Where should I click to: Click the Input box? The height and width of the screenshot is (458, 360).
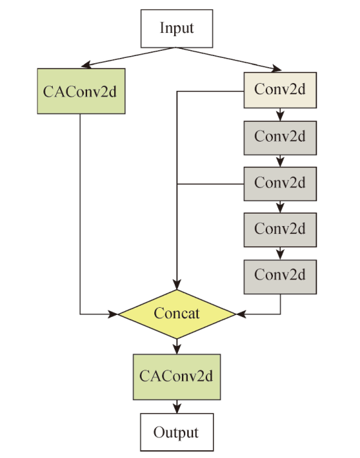pos(177,28)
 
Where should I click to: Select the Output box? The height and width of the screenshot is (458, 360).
pos(177,432)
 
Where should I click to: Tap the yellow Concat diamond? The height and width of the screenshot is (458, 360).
pos(177,314)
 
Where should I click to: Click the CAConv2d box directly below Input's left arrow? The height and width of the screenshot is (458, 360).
pos(81,91)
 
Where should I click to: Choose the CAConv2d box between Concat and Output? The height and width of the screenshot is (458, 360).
pos(177,377)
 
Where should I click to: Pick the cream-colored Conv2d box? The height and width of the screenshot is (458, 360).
pos(280,90)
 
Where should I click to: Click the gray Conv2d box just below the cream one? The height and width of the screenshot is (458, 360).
pos(280,138)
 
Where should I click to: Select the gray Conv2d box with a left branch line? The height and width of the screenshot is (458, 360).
pos(280,184)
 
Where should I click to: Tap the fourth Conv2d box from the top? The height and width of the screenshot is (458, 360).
pos(280,230)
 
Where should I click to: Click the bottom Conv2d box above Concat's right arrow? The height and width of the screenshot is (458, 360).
pos(280,277)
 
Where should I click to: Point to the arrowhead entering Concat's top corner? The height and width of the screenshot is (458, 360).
pos(177,285)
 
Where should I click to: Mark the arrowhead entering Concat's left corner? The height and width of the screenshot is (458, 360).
pos(113,314)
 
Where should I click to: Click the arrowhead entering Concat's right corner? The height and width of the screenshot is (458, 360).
pos(241,314)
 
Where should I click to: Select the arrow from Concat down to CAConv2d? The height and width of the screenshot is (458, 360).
pos(177,347)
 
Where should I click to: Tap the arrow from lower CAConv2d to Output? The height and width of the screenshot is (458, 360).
pos(177,407)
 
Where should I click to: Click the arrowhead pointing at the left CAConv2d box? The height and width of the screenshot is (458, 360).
pos(86,65)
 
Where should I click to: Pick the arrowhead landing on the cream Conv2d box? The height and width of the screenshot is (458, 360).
pos(276,69)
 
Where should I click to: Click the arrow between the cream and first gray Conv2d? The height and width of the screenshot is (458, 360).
pos(280,115)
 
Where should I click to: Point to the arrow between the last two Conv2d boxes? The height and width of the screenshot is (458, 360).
pos(280,253)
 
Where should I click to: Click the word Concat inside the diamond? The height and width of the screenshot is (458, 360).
pos(177,314)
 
